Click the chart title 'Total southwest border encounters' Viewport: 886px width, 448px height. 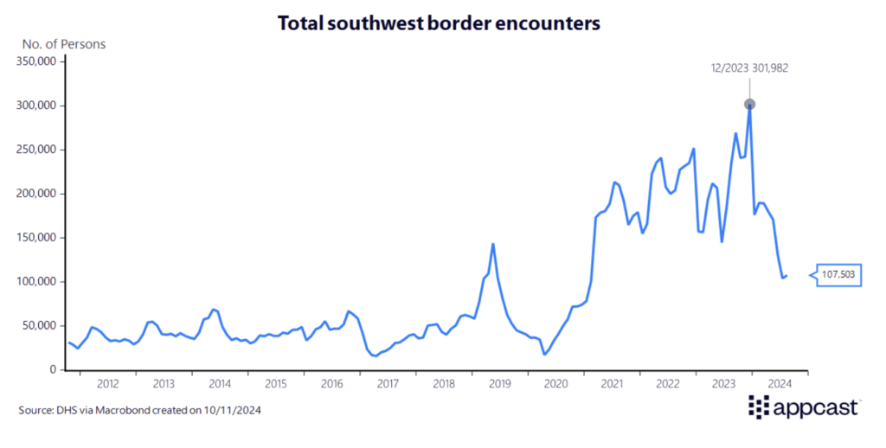439,23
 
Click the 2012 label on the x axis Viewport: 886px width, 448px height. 107,383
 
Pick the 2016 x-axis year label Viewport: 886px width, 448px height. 331,383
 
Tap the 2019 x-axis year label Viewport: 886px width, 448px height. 499,383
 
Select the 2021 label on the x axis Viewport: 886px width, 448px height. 612,383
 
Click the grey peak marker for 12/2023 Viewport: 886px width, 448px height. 749,105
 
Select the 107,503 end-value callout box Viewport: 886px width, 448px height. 838,275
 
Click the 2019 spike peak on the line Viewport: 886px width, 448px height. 493,244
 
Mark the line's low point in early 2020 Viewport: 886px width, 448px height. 544,354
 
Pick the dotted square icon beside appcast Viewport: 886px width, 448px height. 759,406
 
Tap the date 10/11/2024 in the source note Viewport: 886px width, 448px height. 232,410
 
